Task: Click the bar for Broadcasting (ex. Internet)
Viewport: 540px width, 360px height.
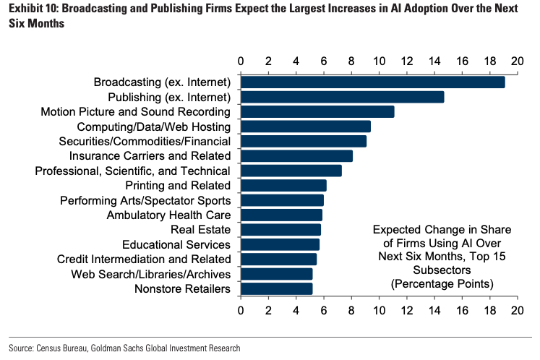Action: coord(372,82)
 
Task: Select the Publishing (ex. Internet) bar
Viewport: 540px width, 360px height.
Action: coord(342,97)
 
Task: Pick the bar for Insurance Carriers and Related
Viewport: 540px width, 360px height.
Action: coord(296,155)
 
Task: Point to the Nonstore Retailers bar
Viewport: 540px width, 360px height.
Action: coord(276,289)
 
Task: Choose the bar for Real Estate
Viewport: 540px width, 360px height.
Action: coord(280,230)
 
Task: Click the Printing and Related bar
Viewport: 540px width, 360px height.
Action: coord(283,186)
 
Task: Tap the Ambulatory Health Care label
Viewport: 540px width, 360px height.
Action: coord(168,215)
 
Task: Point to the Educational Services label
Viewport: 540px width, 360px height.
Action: coord(176,245)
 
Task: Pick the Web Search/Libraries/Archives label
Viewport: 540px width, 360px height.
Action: coord(150,275)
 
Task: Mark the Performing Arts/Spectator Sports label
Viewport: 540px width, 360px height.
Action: coord(145,200)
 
